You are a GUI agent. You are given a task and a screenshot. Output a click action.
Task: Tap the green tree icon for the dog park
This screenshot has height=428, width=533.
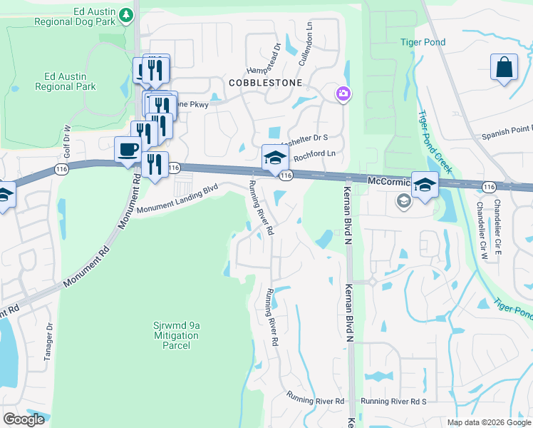(126, 14)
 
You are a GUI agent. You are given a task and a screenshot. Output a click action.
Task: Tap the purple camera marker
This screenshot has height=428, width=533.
(343, 93)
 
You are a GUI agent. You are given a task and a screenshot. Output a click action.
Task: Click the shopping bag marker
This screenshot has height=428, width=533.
(504, 68)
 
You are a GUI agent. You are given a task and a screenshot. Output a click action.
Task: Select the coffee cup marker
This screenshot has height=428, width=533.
(128, 151)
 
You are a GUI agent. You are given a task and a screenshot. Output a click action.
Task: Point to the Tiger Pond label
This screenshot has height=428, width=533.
(423, 42)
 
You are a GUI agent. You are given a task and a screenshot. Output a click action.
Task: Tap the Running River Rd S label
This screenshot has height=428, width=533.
(393, 402)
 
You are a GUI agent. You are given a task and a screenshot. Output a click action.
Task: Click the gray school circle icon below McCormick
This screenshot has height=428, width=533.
(403, 202)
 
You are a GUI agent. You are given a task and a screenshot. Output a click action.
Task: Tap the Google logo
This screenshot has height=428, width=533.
(24, 419)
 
